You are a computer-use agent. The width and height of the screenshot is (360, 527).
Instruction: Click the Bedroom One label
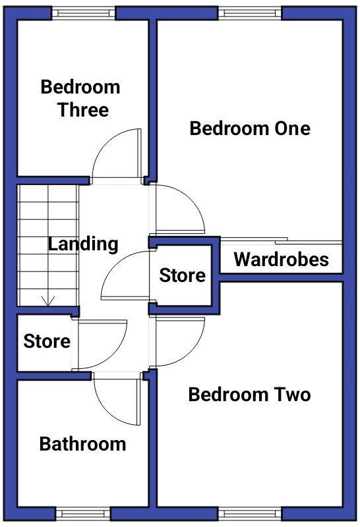click(250, 128)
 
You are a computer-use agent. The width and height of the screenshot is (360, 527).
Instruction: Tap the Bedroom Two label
click(249, 395)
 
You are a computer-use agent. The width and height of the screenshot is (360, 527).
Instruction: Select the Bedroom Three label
click(80, 98)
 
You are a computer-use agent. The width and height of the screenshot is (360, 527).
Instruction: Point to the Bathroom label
click(82, 444)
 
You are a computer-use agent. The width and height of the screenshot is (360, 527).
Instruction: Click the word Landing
click(83, 244)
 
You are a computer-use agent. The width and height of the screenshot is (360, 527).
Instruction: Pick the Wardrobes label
click(281, 260)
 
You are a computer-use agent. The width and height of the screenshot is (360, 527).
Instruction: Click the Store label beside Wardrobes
click(183, 275)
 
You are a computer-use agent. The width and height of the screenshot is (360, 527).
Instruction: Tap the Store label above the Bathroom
click(47, 342)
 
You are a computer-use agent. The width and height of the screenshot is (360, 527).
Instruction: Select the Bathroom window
click(83, 513)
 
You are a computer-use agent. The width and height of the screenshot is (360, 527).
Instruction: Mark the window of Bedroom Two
click(250, 513)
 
